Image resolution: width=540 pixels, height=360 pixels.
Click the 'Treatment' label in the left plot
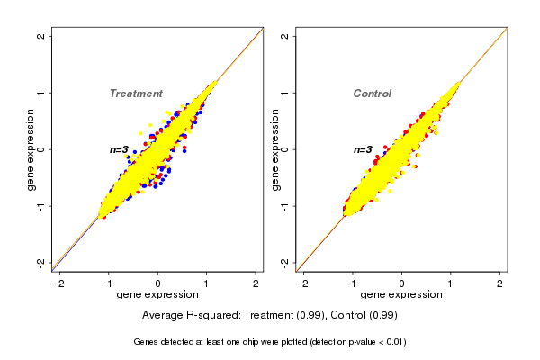[136, 94]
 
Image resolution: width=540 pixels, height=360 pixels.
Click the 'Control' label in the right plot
[372, 94]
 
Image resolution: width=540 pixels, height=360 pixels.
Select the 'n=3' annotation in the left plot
[120, 149]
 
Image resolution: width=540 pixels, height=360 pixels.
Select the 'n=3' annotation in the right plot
[363, 149]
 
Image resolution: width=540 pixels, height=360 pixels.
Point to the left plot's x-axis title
[157, 295]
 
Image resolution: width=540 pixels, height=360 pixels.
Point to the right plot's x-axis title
[401, 295]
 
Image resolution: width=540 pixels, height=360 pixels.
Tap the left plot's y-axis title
[31, 149]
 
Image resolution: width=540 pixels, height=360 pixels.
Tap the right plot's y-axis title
[275, 149]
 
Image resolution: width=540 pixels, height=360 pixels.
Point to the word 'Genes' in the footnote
[147, 342]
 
